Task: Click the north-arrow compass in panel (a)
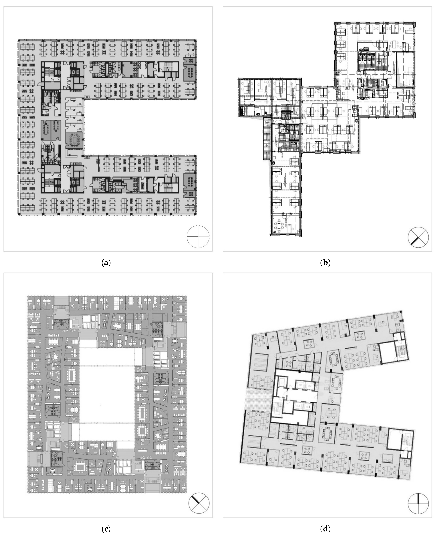(198, 237)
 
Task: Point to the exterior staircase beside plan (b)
(265, 139)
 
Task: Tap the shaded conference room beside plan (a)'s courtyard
(74, 140)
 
